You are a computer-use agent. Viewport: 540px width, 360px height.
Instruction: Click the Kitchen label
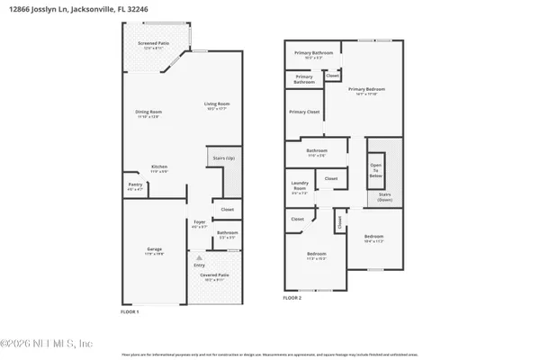pyautogui.click(x=159, y=167)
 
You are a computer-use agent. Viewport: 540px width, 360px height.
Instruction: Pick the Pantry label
pyautogui.click(x=135, y=187)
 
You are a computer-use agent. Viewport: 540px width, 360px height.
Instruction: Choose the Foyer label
pyautogui.click(x=200, y=224)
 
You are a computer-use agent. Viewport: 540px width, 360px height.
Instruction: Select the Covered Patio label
pyautogui.click(x=212, y=275)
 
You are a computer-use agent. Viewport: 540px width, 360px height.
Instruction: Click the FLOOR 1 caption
pyautogui.click(x=131, y=310)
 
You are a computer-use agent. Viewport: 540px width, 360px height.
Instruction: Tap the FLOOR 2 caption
pyautogui.click(x=293, y=297)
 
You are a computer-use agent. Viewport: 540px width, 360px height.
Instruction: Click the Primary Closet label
pyautogui.click(x=304, y=112)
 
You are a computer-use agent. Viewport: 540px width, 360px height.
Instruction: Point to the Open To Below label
pyautogui.click(x=375, y=170)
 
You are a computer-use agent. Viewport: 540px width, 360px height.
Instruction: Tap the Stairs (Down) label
pyautogui.click(x=384, y=196)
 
